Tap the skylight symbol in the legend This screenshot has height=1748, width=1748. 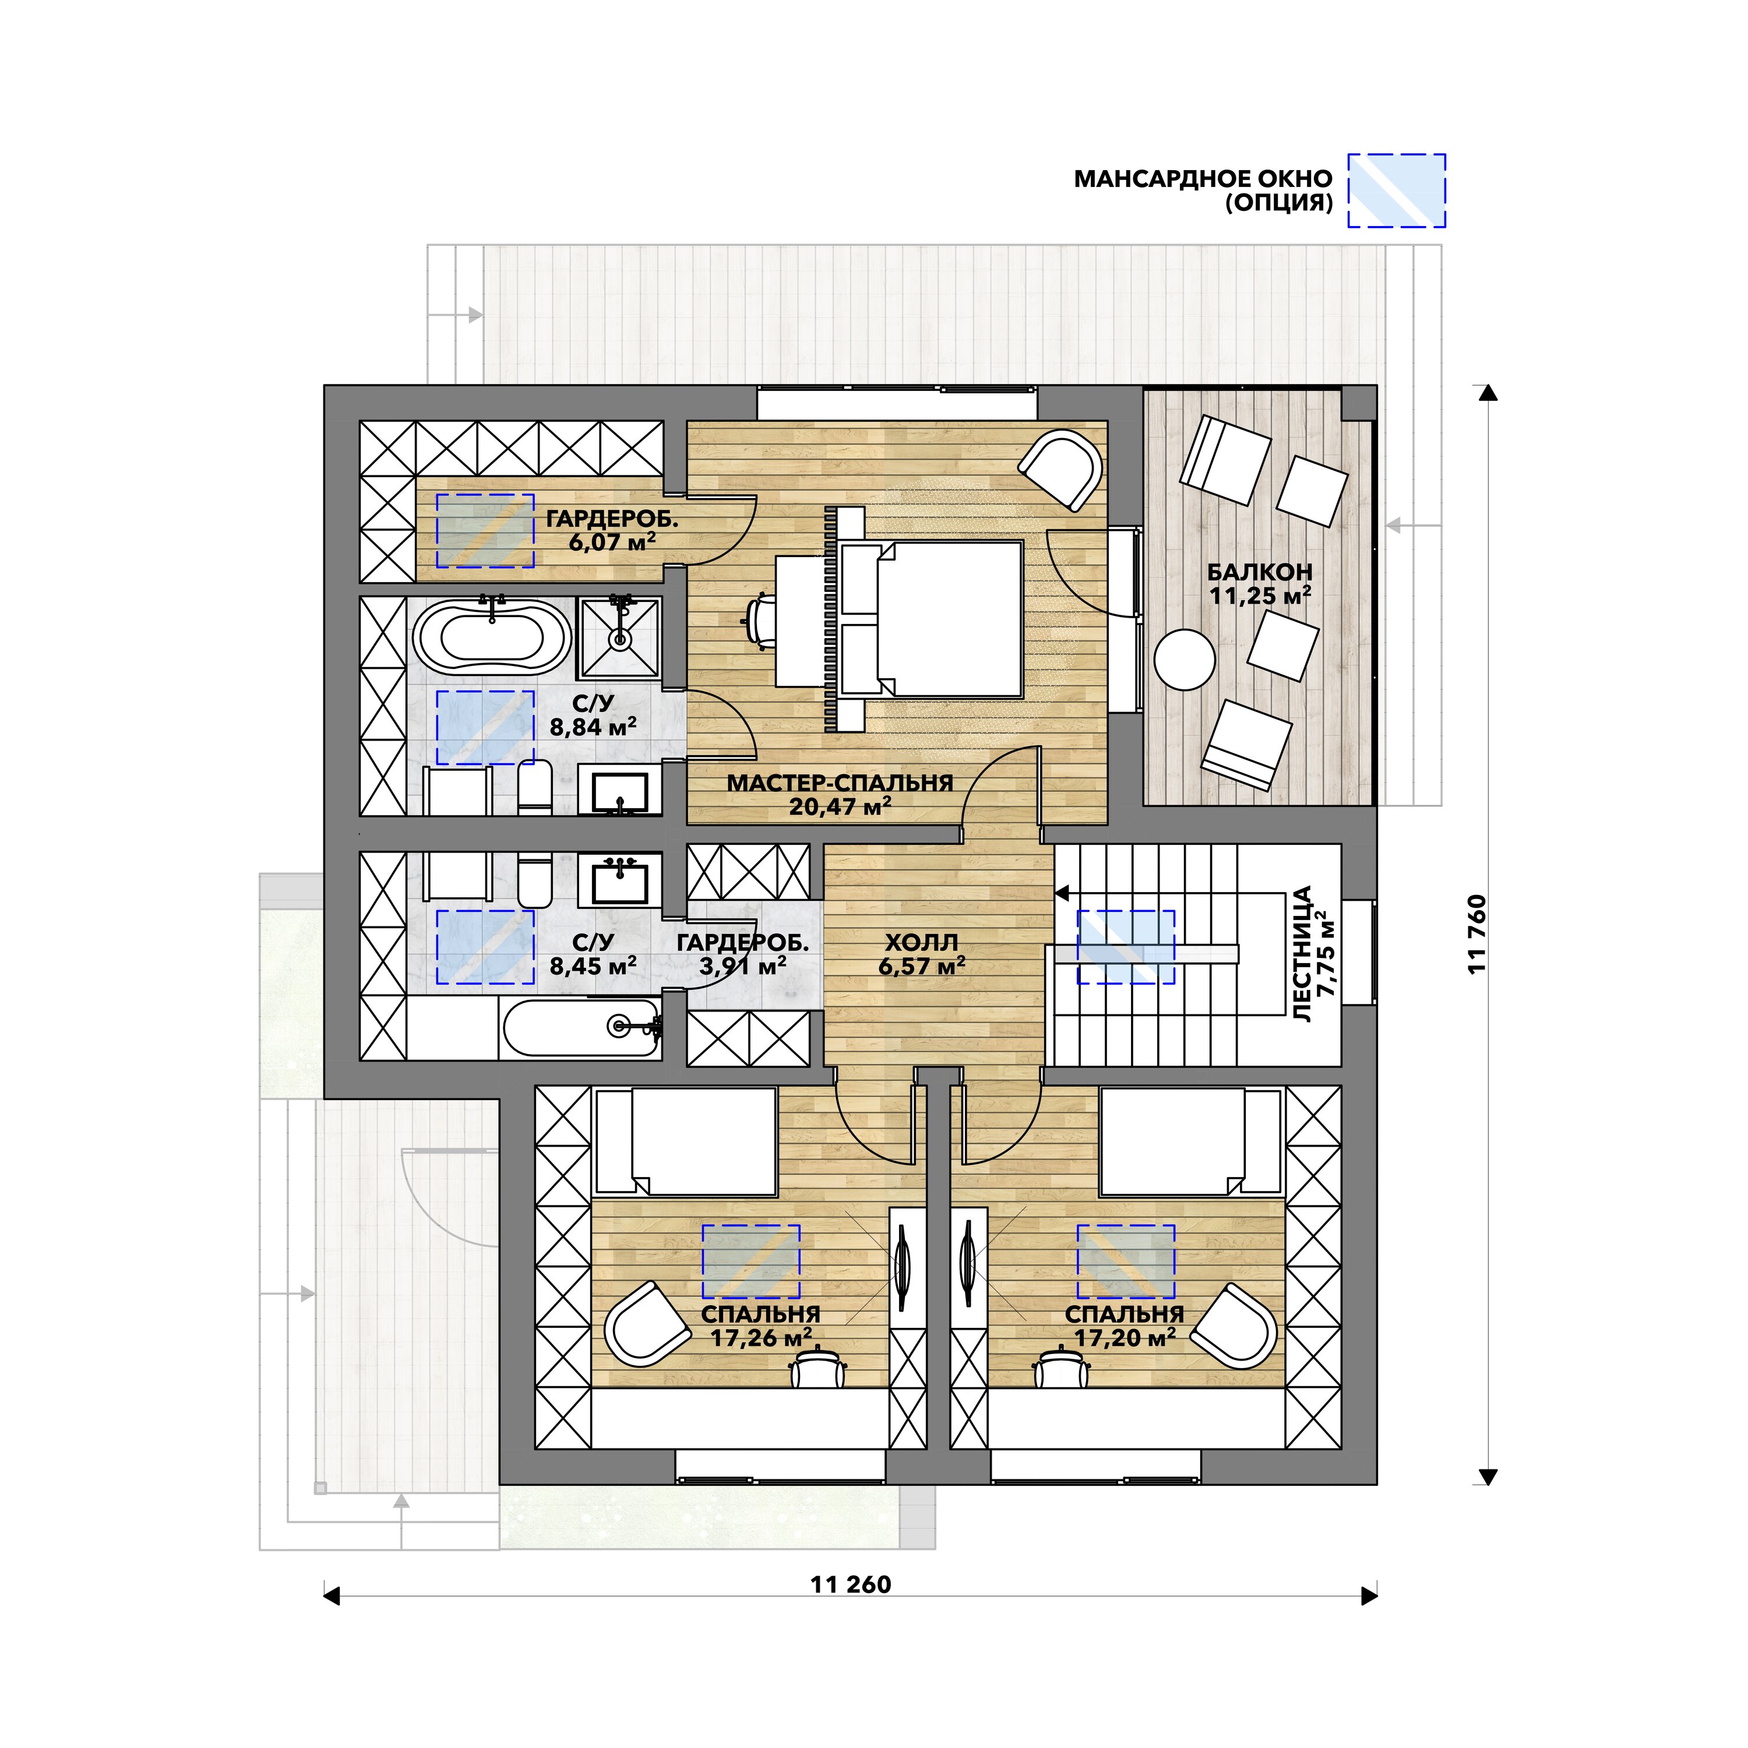pos(1396,190)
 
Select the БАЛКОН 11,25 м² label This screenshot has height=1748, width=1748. pos(1259,584)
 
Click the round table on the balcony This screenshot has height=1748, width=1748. pos(1185,660)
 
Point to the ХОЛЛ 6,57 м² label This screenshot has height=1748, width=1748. pos(921,954)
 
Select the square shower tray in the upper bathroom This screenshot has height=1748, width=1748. pos(620,638)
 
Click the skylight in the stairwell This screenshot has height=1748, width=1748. pos(1125,946)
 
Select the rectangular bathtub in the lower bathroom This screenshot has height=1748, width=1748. pos(580,1029)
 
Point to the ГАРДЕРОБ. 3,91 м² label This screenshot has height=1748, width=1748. pos(742,954)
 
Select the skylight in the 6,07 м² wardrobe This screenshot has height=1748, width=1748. pos(485,530)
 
